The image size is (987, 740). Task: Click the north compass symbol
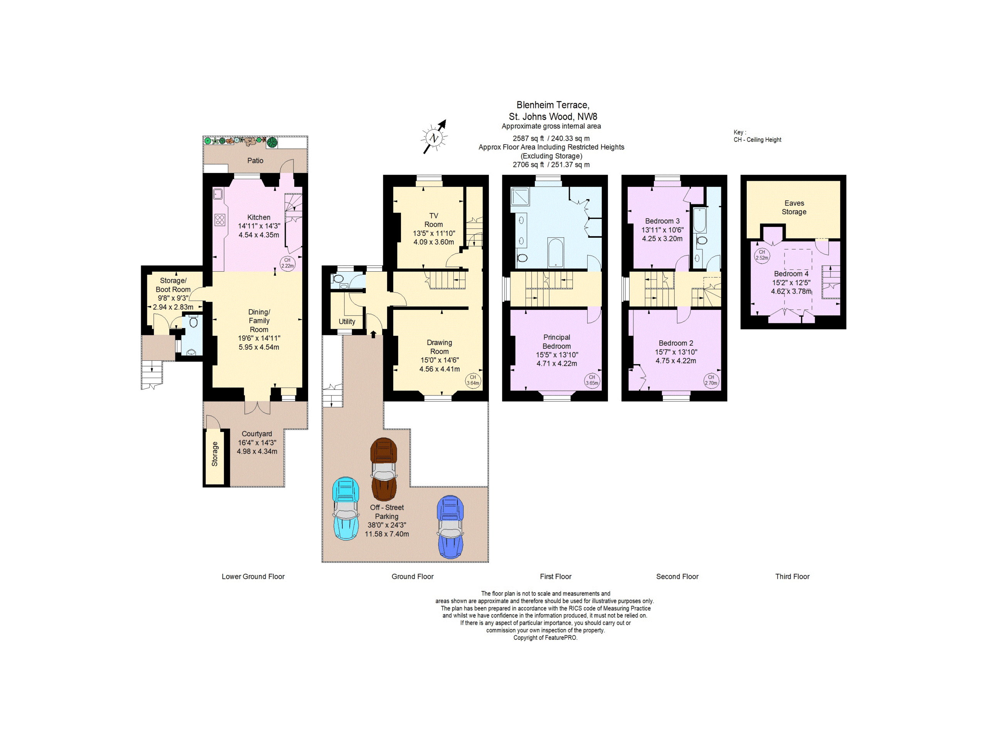pos(434,137)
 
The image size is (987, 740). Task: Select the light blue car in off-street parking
pos(346,508)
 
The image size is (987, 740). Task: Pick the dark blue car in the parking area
pos(451,527)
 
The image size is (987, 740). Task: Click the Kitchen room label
pos(259,217)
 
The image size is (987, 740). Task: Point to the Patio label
pos(255,161)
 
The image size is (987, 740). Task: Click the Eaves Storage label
pos(794,207)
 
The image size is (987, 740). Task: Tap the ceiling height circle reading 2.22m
pos(287,263)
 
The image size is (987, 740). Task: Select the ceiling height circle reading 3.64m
pos(473,380)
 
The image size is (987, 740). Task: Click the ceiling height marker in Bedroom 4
pos(762,255)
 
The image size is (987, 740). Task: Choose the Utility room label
pos(347,321)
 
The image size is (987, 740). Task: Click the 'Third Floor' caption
pos(792,576)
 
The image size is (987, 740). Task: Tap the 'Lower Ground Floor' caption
pos(253,576)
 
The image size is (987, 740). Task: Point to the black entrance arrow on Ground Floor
pos(374,334)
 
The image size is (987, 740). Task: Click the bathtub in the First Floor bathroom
pos(556,253)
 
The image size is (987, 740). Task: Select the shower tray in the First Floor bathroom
pos(520,196)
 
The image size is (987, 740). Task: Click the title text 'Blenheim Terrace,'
pos(553,105)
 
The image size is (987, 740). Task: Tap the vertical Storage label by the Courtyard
pos(215,454)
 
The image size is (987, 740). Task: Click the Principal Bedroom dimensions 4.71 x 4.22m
pos(557,363)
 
